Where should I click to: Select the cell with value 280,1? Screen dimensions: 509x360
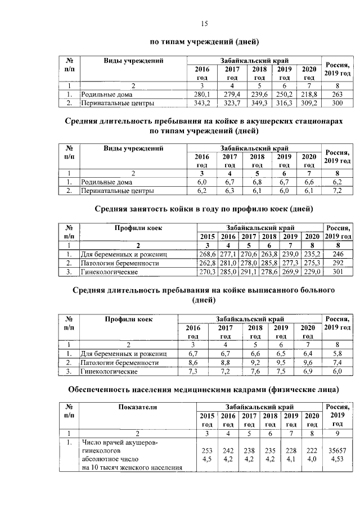coord(201,94)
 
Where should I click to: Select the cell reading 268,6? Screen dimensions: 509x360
coord(208,254)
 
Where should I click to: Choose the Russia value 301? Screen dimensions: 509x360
coord(337,272)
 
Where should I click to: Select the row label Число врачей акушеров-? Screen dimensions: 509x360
coord(120,443)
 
